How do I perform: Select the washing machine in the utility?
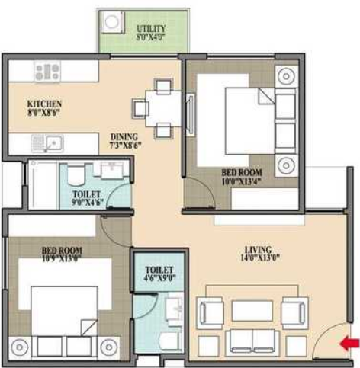[x=113, y=26]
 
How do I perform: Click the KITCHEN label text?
[x=44, y=104]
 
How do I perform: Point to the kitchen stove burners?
[x=47, y=72]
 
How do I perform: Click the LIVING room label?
[x=259, y=248]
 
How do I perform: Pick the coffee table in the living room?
[x=252, y=311]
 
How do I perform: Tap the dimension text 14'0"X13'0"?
[x=259, y=258]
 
